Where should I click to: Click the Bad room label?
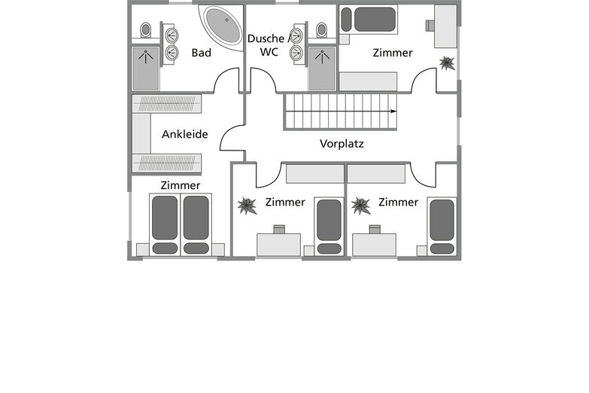pyautogui.click(x=202, y=53)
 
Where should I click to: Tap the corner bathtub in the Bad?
pyautogui.click(x=223, y=26)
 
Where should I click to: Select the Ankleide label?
pyautogui.click(x=185, y=134)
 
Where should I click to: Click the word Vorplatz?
pyautogui.click(x=342, y=144)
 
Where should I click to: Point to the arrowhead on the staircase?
pyautogui.click(x=393, y=111)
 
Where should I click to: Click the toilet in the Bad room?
pyautogui.click(x=146, y=30)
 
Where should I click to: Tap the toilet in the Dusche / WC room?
pyautogui.click(x=321, y=30)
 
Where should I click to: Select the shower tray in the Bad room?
pyautogui.click(x=145, y=69)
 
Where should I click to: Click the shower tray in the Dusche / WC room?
pyautogui.click(x=322, y=69)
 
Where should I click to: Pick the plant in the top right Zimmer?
pyautogui.click(x=447, y=63)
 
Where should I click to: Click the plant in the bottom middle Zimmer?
pyautogui.click(x=247, y=206)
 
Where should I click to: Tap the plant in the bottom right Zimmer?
pyautogui.click(x=361, y=206)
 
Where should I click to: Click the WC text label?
pyautogui.click(x=269, y=52)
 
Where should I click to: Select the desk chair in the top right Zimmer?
pyautogui.click(x=430, y=26)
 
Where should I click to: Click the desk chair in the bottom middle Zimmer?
pyautogui.click(x=279, y=230)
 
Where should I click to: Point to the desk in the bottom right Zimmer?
pyautogui.click(x=374, y=245)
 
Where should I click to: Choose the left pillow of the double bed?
pyautogui.click(x=165, y=248)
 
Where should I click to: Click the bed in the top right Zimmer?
pyautogui.click(x=369, y=20)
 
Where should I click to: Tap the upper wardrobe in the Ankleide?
pyautogui.click(x=167, y=104)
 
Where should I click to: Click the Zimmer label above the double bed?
pyautogui.click(x=181, y=185)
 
